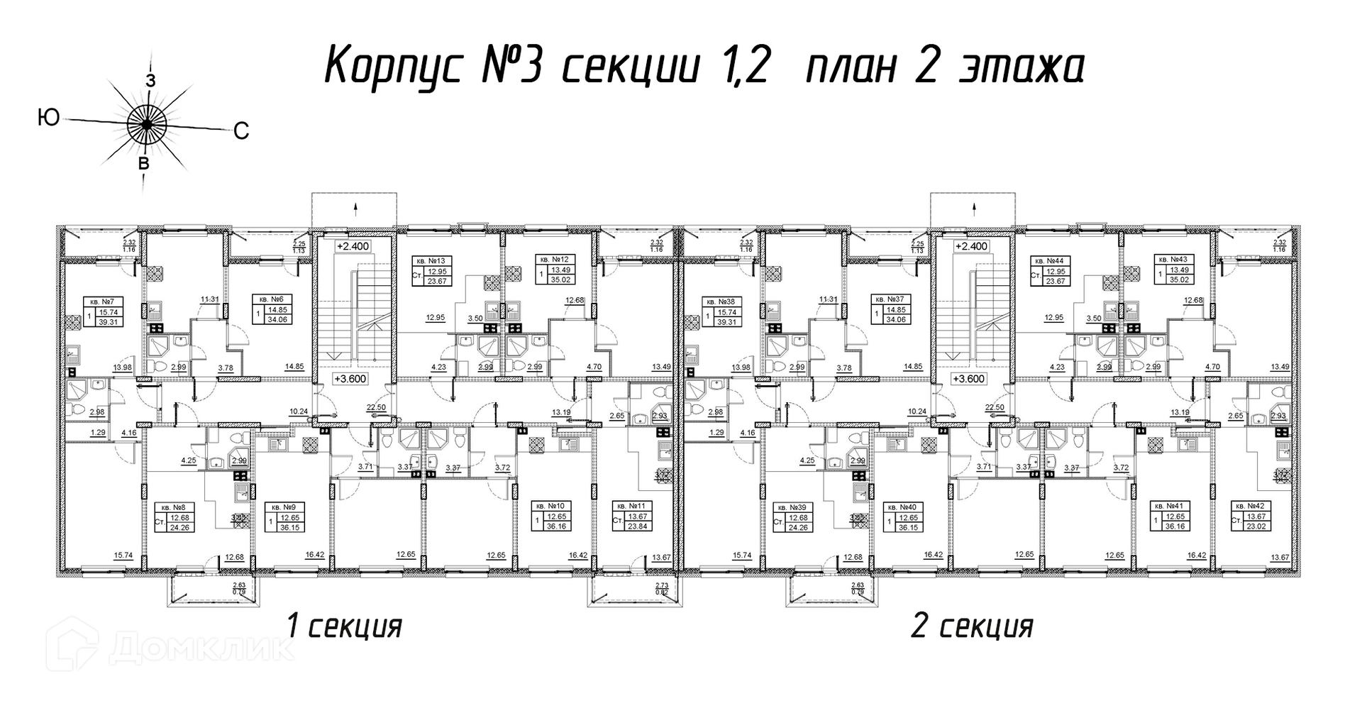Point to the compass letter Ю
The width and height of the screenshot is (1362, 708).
click(48, 118)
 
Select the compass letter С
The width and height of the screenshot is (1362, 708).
click(241, 131)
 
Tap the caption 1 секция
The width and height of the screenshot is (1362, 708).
click(344, 627)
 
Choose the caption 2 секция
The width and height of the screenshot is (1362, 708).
click(971, 627)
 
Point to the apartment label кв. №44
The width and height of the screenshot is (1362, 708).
click(1047, 260)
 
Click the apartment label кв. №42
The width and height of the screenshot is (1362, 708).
click(1250, 506)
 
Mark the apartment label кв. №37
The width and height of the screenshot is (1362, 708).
click(887, 300)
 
